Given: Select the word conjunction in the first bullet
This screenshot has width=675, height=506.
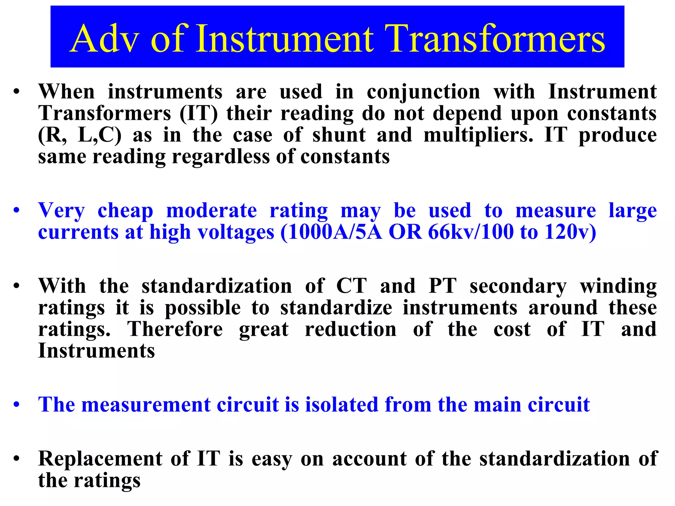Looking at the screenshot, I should pos(424,92).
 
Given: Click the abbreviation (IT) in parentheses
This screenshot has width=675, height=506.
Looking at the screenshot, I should pos(199,114).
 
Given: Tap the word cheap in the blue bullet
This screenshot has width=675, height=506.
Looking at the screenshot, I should pos(126,211).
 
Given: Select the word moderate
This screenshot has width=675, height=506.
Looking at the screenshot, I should pos(211,211).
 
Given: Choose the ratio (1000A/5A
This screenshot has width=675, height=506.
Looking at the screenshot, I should pos(332,232).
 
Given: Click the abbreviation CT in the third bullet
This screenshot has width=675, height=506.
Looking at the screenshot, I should pos(351,286).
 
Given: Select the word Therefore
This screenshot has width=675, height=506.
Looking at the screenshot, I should pos(175,329).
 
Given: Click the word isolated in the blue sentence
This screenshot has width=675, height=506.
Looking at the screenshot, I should pos(341,405).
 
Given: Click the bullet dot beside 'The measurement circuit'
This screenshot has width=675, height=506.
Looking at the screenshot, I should pos(17,405).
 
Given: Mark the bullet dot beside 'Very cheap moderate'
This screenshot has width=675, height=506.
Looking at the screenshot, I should pos(17,211).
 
